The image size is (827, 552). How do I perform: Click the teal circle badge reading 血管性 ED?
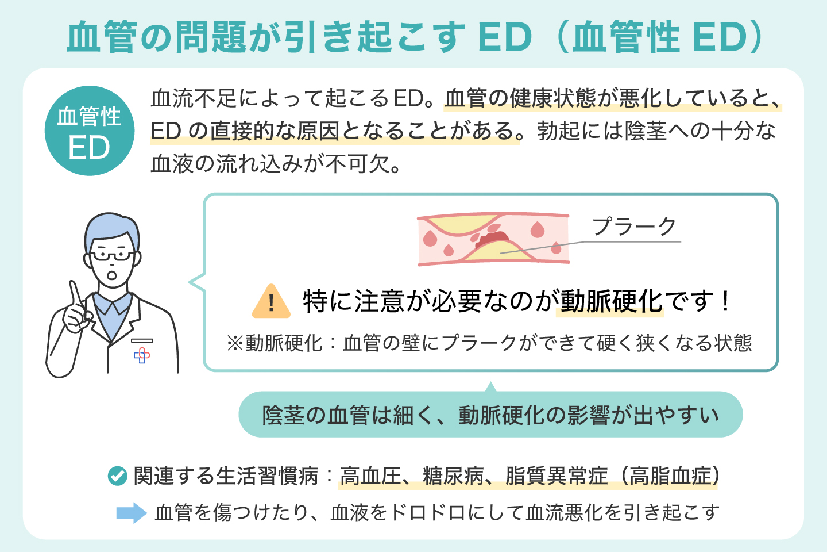(90, 131)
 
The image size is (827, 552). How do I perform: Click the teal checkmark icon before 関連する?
(117, 476)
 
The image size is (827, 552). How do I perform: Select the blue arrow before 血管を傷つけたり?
(132, 513)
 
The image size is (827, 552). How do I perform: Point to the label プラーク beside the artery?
(634, 227)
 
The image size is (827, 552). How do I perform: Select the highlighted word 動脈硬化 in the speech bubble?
(611, 301)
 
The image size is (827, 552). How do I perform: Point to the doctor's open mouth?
(112, 275)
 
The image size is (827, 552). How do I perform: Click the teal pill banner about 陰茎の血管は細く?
(490, 415)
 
